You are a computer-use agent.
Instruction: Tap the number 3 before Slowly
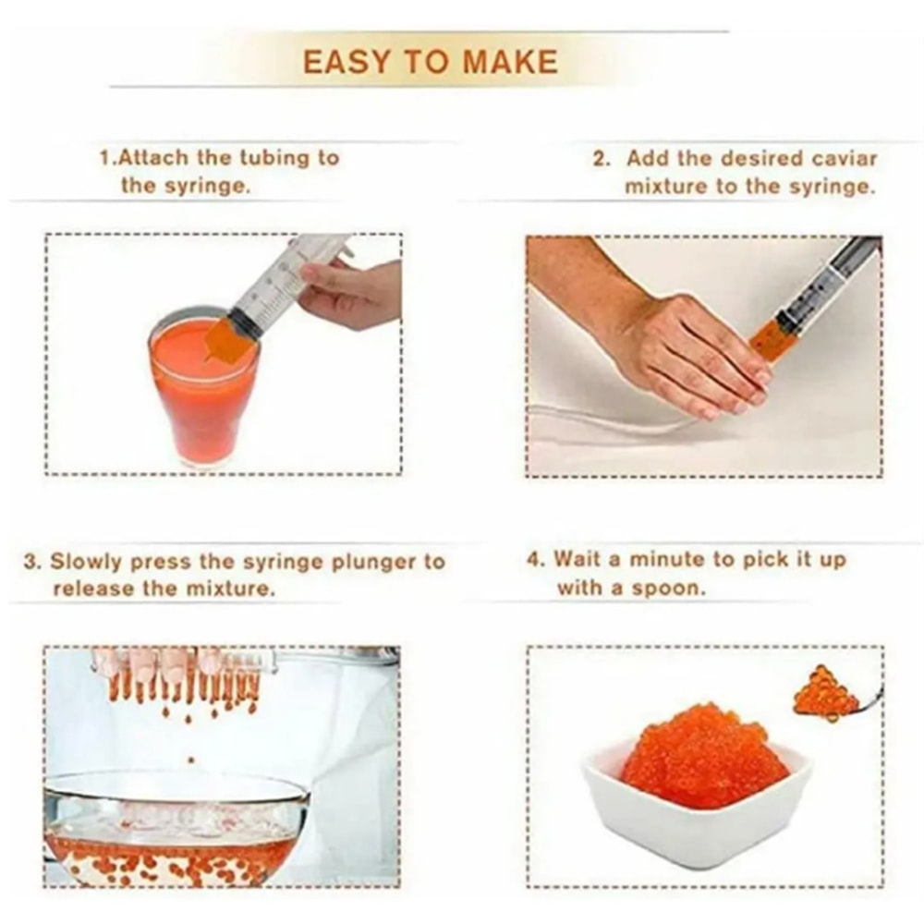pyautogui.click(x=30, y=562)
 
